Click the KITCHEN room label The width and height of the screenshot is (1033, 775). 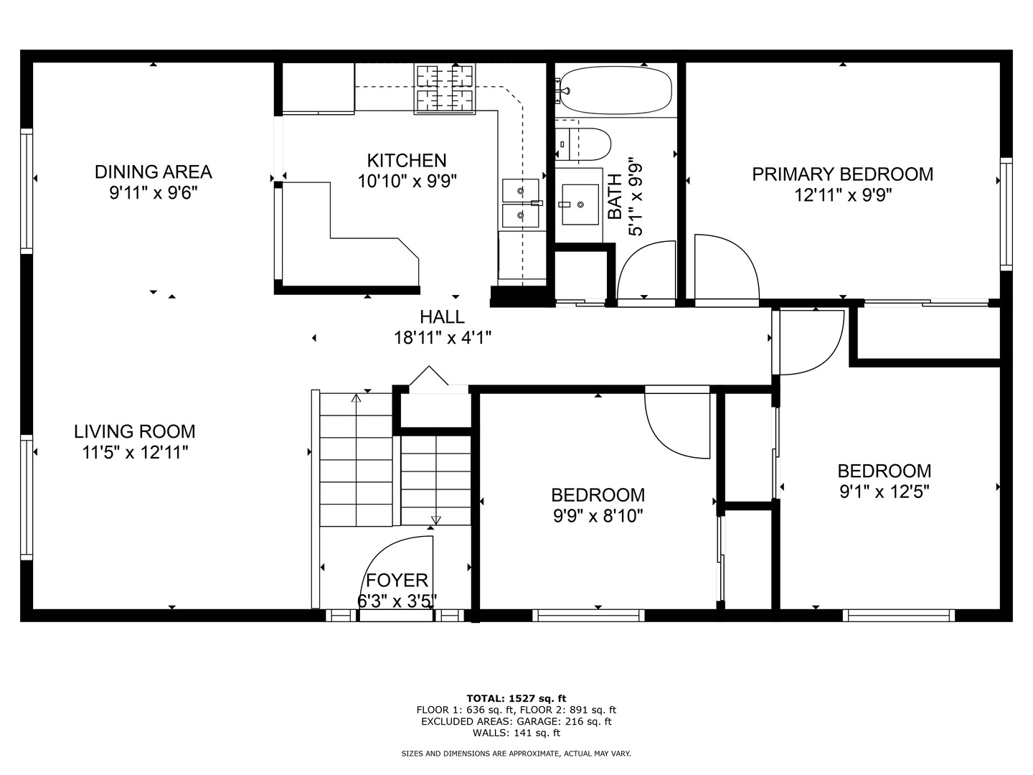(407, 161)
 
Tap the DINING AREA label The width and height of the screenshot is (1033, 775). (154, 172)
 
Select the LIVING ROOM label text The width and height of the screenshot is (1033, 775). (135, 431)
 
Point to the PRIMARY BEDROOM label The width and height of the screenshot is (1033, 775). (842, 174)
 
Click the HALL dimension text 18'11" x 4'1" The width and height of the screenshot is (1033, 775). (443, 338)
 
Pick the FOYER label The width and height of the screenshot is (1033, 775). (397, 581)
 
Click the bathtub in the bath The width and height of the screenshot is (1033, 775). (616, 90)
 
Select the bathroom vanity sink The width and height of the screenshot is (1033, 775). (580, 205)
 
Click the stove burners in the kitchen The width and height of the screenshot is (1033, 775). (444, 88)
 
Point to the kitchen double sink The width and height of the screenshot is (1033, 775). (521, 203)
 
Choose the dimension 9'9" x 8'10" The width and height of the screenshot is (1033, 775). (598, 517)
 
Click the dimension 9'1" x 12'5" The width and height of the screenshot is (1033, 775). (885, 492)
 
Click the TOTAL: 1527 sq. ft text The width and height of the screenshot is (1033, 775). (516, 698)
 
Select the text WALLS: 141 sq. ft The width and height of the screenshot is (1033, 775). (516, 733)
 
